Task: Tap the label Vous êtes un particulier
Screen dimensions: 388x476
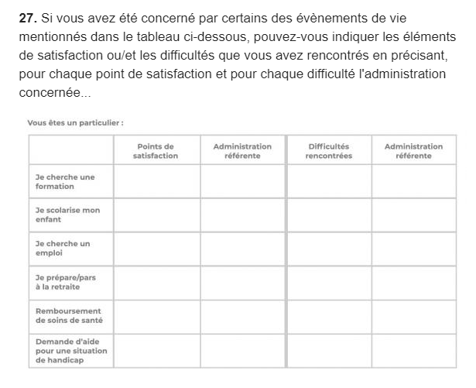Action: point(75,122)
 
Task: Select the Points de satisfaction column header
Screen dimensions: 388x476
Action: point(156,150)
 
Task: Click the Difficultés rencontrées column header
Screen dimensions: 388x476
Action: point(328,150)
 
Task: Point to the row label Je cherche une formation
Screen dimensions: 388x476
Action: point(65,181)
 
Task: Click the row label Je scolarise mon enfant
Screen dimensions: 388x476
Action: point(67,215)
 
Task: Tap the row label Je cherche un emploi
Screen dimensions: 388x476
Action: point(63,248)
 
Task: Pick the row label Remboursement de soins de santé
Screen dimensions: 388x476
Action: point(69,315)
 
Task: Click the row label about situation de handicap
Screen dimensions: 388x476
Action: point(71,350)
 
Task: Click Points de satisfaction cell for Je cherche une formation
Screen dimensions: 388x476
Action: point(156,182)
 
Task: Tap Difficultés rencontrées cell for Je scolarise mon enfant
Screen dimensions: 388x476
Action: point(328,215)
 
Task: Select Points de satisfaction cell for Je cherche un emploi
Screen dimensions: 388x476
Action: point(156,249)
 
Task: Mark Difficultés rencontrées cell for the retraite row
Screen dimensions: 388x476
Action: point(328,282)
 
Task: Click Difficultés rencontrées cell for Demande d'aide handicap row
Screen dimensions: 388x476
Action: point(328,350)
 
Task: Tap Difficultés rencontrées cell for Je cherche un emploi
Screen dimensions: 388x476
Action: point(328,249)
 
